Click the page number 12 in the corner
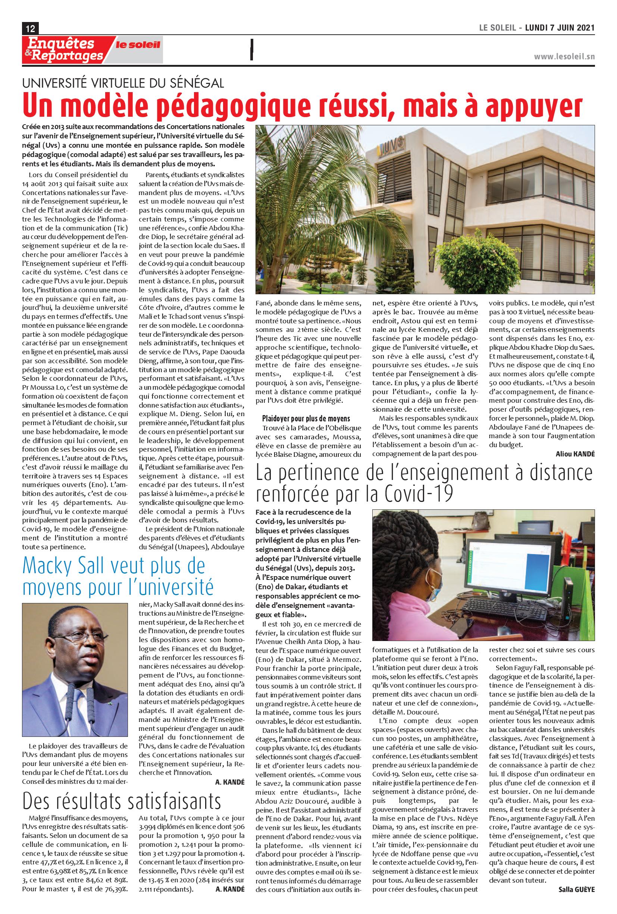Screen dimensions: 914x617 pyautogui.click(x=30, y=28)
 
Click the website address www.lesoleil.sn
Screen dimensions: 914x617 pyautogui.click(x=564, y=57)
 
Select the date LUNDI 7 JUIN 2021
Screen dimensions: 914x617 pyautogui.click(x=560, y=28)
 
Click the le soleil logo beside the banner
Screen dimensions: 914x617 pyautogui.click(x=138, y=45)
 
